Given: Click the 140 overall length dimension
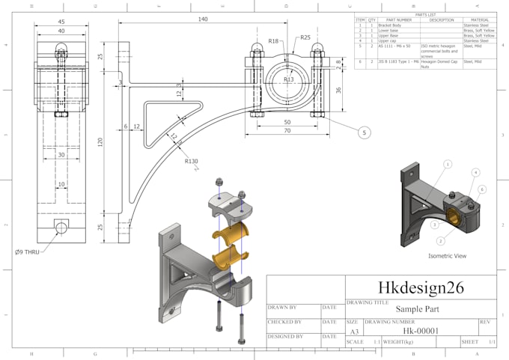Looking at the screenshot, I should (203, 19).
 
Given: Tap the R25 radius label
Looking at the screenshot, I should (305, 37).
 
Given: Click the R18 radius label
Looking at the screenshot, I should (273, 41).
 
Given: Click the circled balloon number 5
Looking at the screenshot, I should (365, 132).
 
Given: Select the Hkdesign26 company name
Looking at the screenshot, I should (419, 287).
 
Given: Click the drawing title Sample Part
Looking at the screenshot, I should (417, 309).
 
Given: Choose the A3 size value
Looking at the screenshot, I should (353, 331).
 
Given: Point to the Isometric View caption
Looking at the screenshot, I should (447, 255).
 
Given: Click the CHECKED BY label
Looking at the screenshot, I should (284, 323).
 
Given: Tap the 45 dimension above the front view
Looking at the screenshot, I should (61, 21).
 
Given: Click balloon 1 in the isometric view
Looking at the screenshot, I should (448, 163).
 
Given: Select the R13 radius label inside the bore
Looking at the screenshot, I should (288, 79).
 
